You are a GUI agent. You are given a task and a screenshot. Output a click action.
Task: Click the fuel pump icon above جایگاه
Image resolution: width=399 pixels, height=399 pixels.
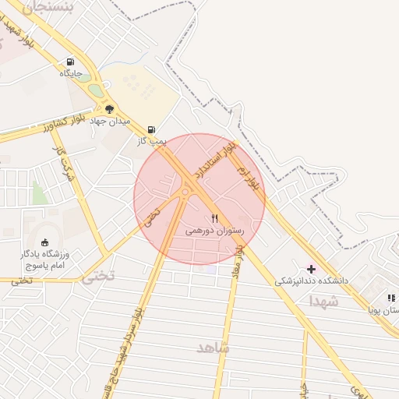[x=71, y=62]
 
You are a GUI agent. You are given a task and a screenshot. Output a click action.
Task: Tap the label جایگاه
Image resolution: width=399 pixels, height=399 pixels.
[x=71, y=74]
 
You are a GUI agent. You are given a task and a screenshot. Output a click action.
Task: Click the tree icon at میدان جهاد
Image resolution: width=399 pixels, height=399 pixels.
[x=109, y=109]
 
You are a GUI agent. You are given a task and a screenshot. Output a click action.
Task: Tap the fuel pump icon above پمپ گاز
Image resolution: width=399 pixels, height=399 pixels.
[x=150, y=129]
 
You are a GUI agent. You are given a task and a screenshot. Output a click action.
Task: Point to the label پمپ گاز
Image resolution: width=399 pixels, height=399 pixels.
[x=150, y=140]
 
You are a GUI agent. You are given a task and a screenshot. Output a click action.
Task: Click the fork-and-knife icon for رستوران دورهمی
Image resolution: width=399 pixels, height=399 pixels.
[x=215, y=219]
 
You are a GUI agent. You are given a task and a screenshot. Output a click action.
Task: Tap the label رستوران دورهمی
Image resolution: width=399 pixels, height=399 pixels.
[x=215, y=231]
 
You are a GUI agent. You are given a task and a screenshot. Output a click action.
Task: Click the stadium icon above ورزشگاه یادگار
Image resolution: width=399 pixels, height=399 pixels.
[x=44, y=242]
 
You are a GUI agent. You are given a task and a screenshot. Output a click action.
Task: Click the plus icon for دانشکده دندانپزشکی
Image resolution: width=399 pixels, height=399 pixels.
[x=312, y=268]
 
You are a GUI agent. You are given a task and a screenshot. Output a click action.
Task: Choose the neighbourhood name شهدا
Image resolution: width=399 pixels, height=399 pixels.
[x=323, y=300]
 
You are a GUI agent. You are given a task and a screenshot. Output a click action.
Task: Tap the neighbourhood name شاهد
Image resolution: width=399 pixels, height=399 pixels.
[x=212, y=348]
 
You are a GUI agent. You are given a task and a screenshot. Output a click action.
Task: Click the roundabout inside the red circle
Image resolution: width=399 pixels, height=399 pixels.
[x=186, y=190]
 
